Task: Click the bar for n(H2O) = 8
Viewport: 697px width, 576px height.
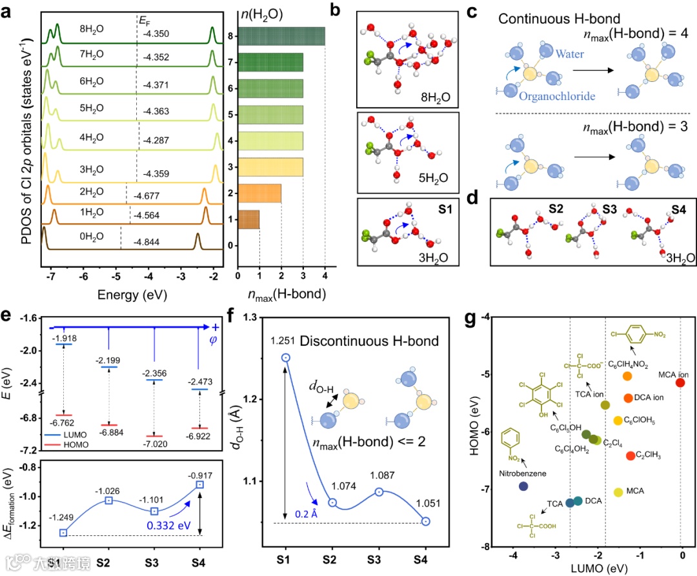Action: [x=281, y=36]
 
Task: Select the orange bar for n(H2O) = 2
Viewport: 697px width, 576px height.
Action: [x=259, y=193]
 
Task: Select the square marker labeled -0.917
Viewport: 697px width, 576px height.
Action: [x=200, y=484]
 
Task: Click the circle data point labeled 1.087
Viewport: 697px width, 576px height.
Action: [x=379, y=492]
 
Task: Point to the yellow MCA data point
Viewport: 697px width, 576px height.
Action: [x=618, y=492]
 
